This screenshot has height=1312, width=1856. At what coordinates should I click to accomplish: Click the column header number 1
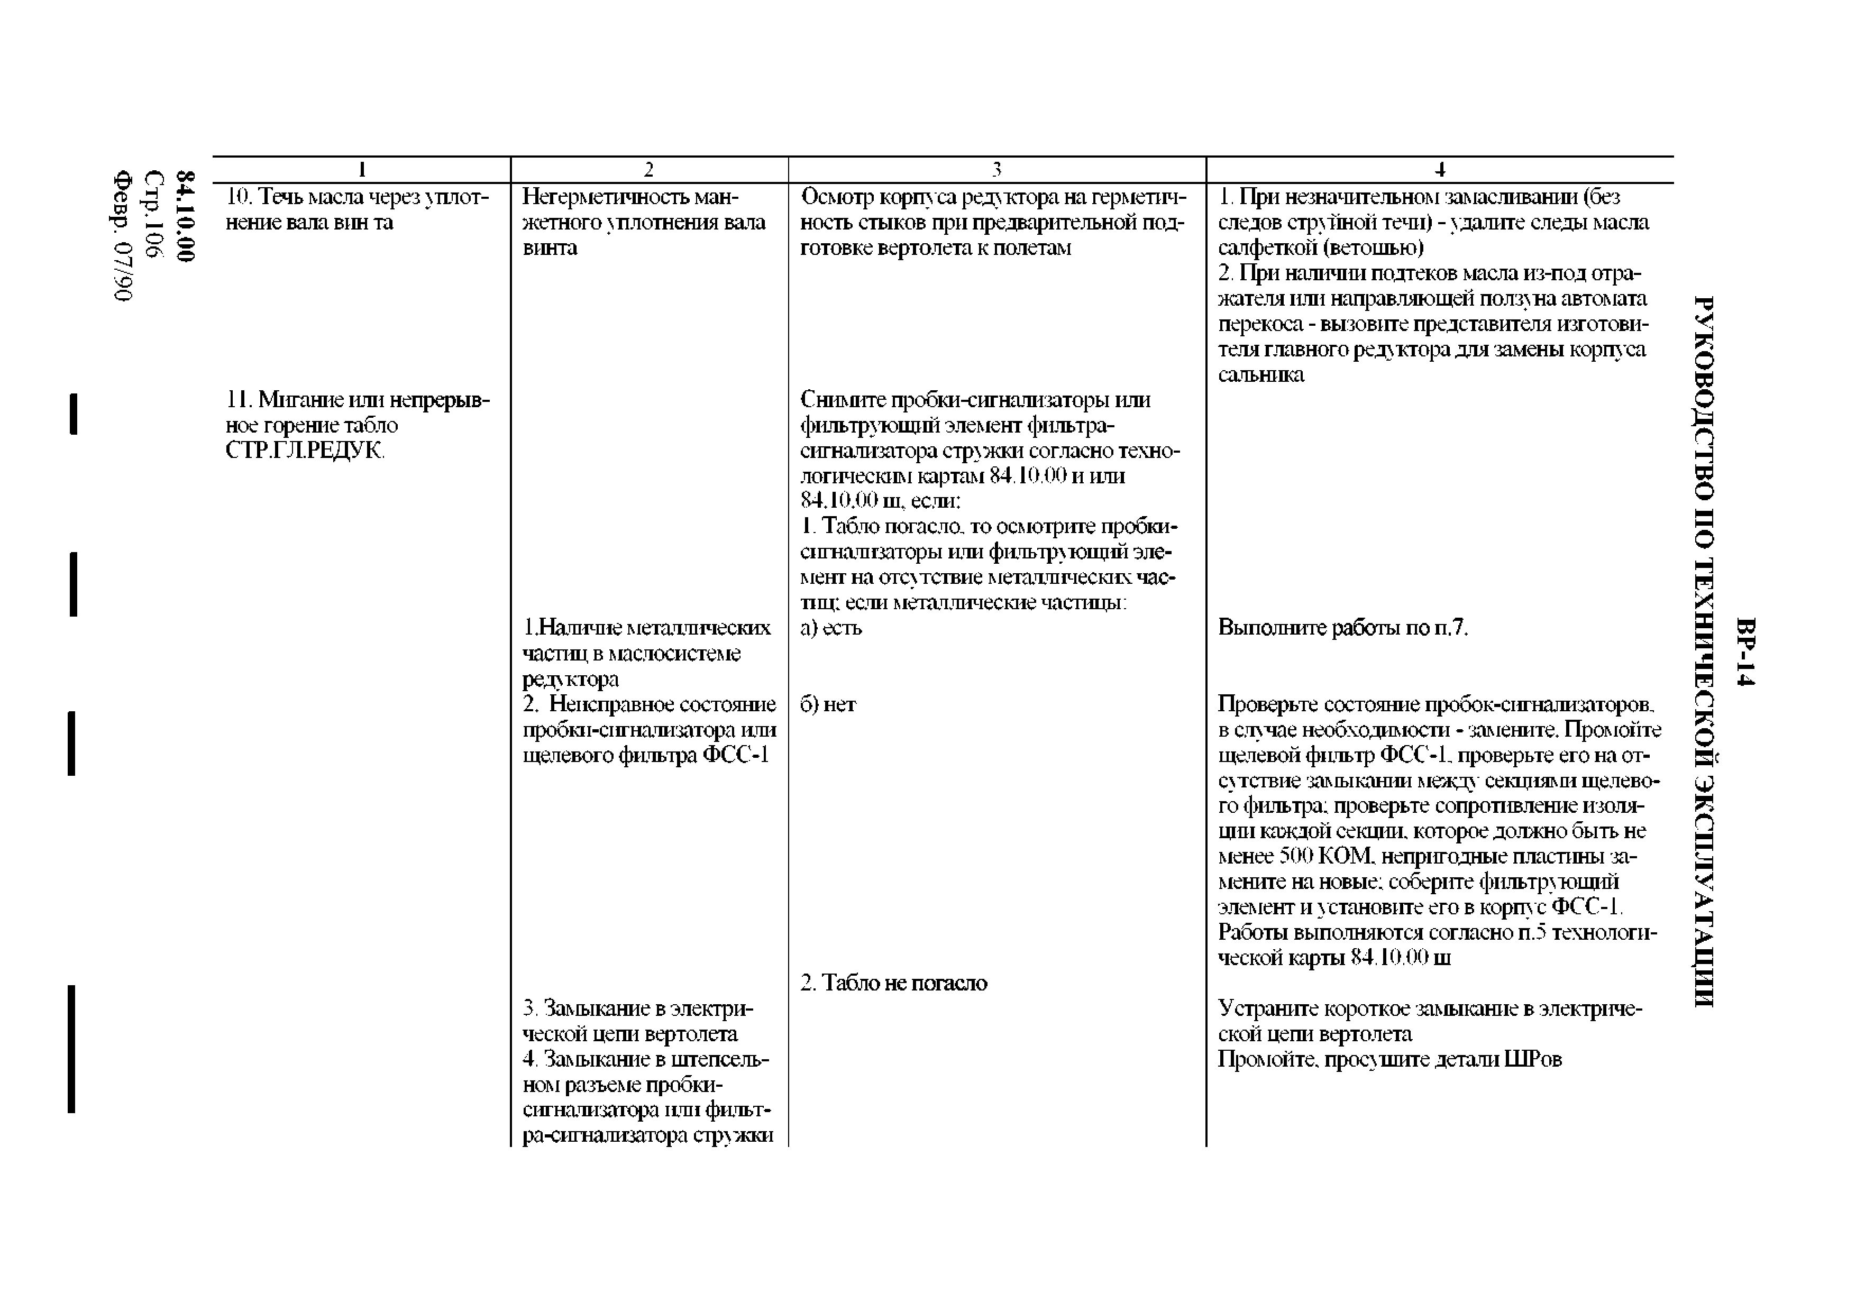pos(362,170)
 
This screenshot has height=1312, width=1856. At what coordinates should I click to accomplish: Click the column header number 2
pos(648,170)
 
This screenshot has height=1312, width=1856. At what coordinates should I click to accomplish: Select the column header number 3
pos(996,170)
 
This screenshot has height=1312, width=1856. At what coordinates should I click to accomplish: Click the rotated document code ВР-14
pos(1746,652)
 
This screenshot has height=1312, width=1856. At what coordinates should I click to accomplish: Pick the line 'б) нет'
pos(828,704)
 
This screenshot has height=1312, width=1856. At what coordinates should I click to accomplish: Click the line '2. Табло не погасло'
pos(894,983)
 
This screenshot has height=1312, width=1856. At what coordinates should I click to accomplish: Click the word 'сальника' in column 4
pos(1261,375)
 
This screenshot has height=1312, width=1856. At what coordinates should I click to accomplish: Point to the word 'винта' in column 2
pos(550,247)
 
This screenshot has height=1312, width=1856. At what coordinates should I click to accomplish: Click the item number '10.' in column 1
pos(239,196)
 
